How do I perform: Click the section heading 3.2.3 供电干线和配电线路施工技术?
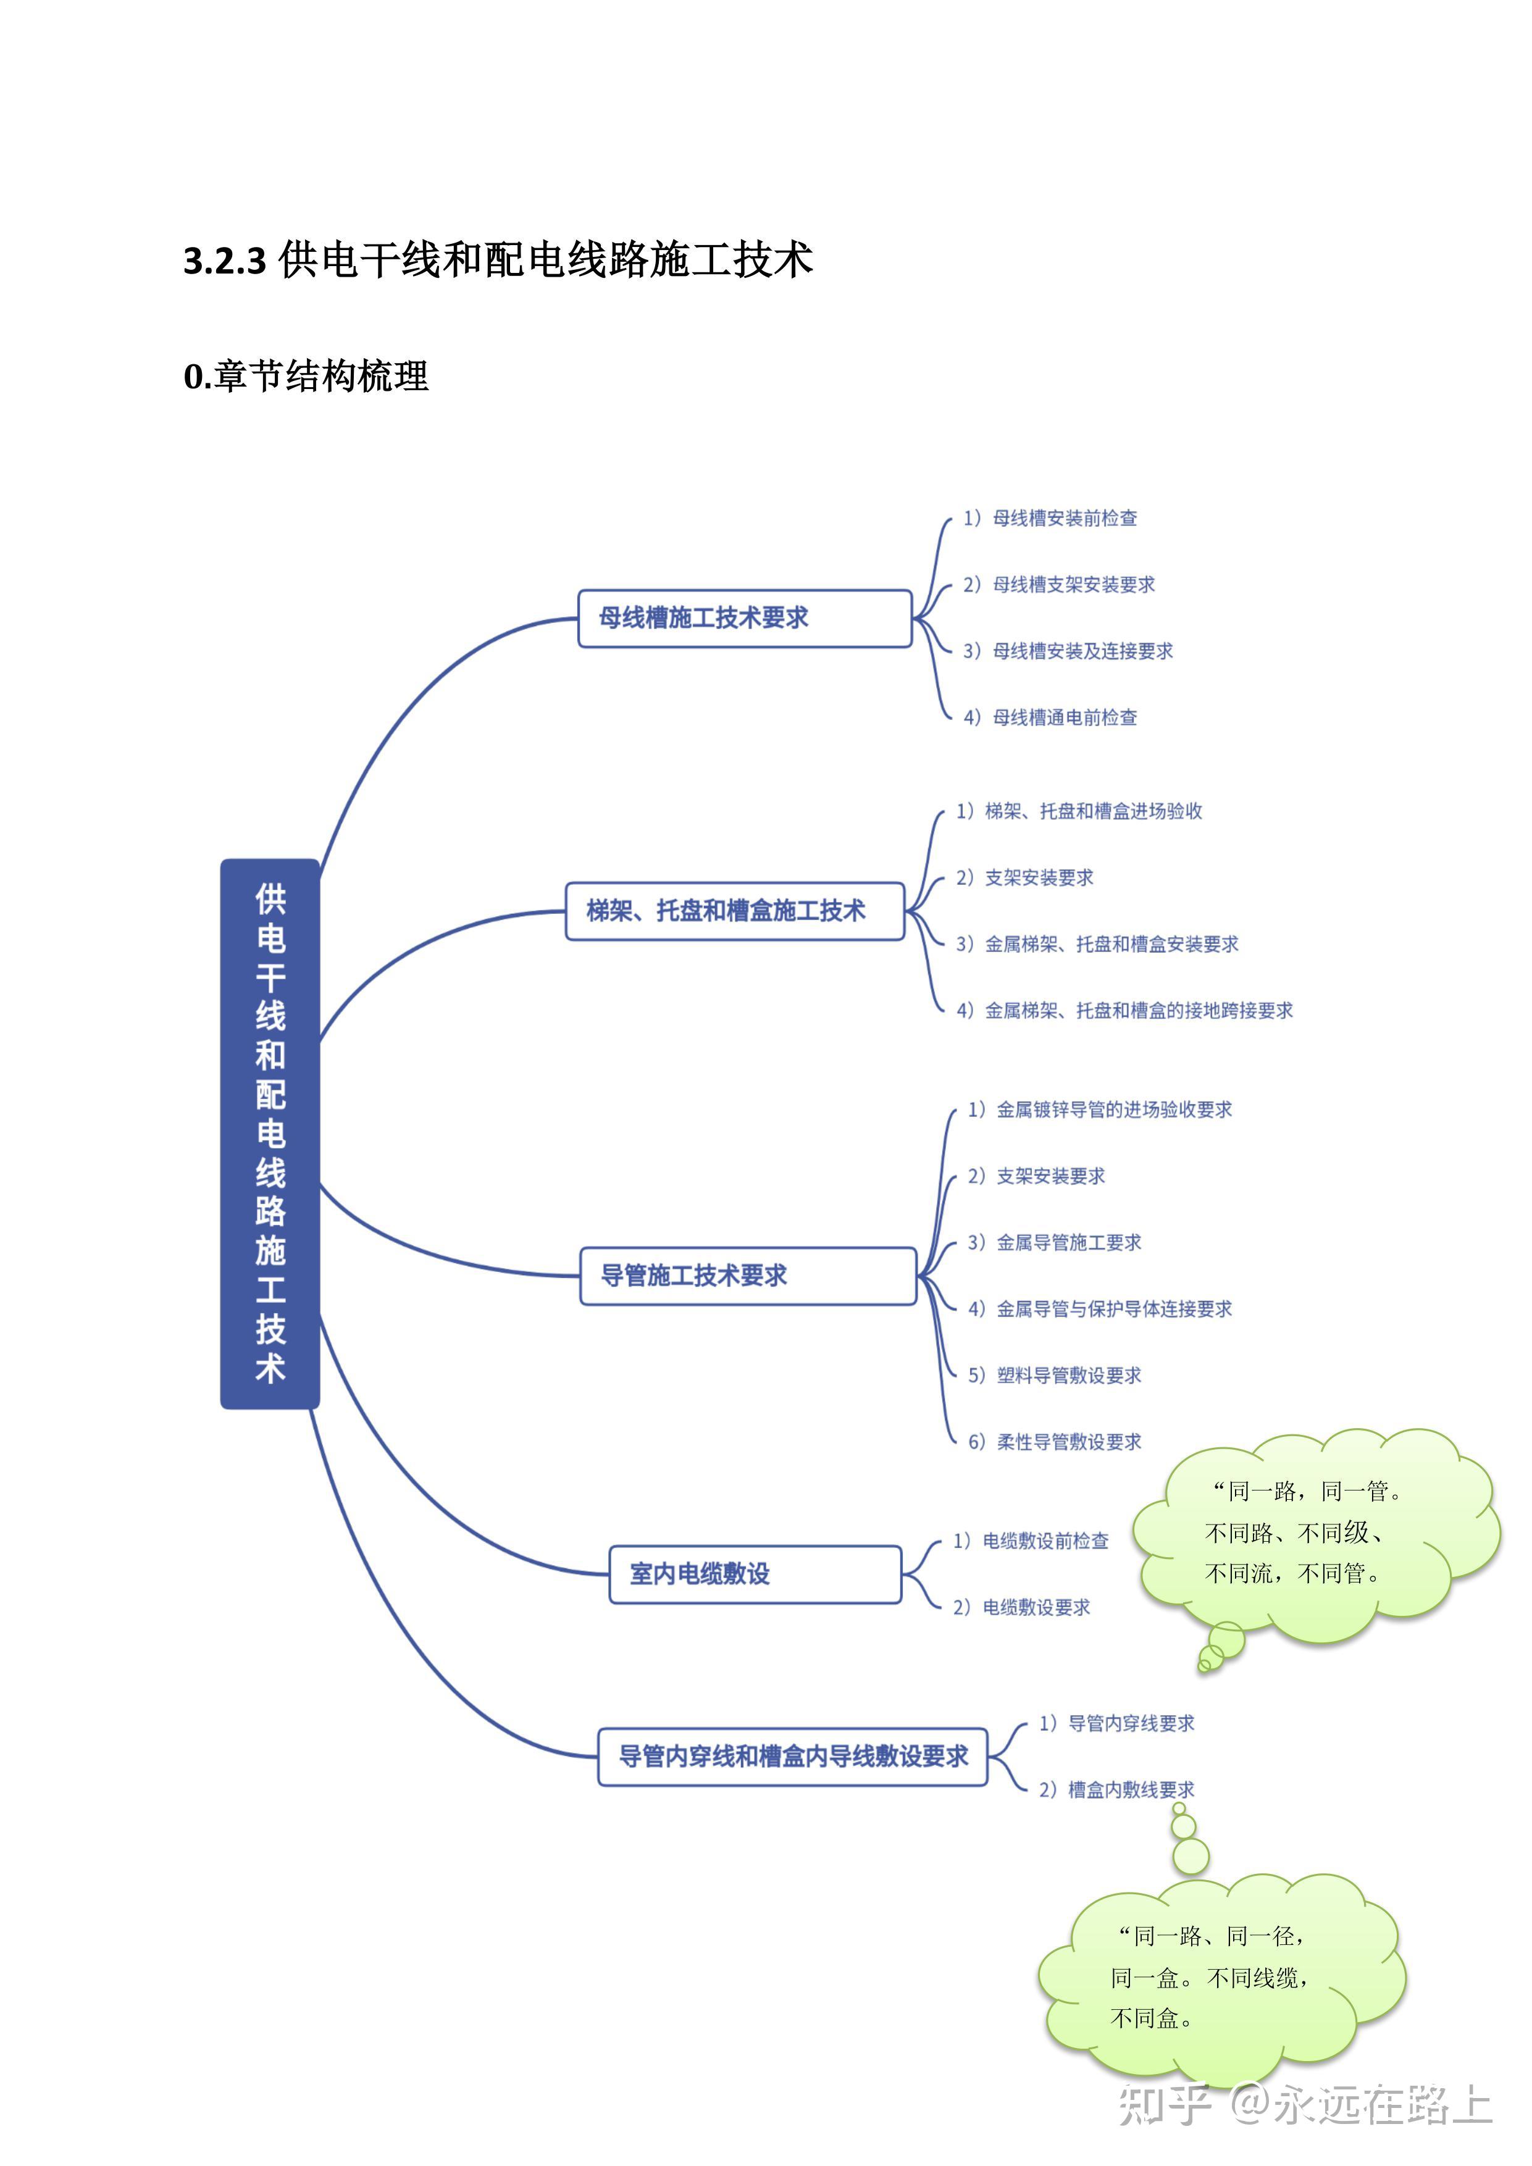(498, 259)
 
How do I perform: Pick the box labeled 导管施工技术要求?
(747, 1276)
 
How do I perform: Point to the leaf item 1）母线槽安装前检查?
(1050, 518)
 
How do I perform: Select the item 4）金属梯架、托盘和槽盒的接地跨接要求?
(1124, 1010)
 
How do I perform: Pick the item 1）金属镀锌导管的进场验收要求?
(1100, 1110)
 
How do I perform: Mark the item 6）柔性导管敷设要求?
(1055, 1442)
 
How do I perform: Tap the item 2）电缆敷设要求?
(1022, 1607)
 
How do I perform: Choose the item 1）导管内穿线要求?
(1117, 1723)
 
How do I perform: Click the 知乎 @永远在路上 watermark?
(1305, 2105)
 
